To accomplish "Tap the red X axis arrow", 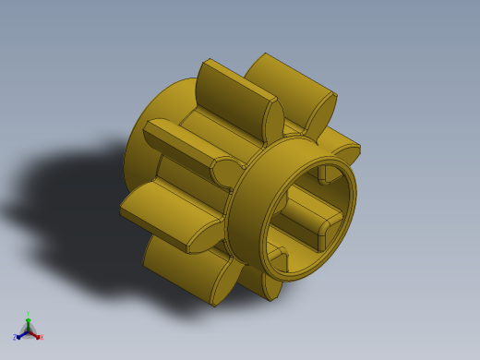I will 35,334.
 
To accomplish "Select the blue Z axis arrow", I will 21,334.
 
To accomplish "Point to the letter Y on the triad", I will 28,313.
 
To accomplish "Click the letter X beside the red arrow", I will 41,337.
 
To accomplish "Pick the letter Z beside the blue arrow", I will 15,338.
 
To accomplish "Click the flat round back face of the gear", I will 148,138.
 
